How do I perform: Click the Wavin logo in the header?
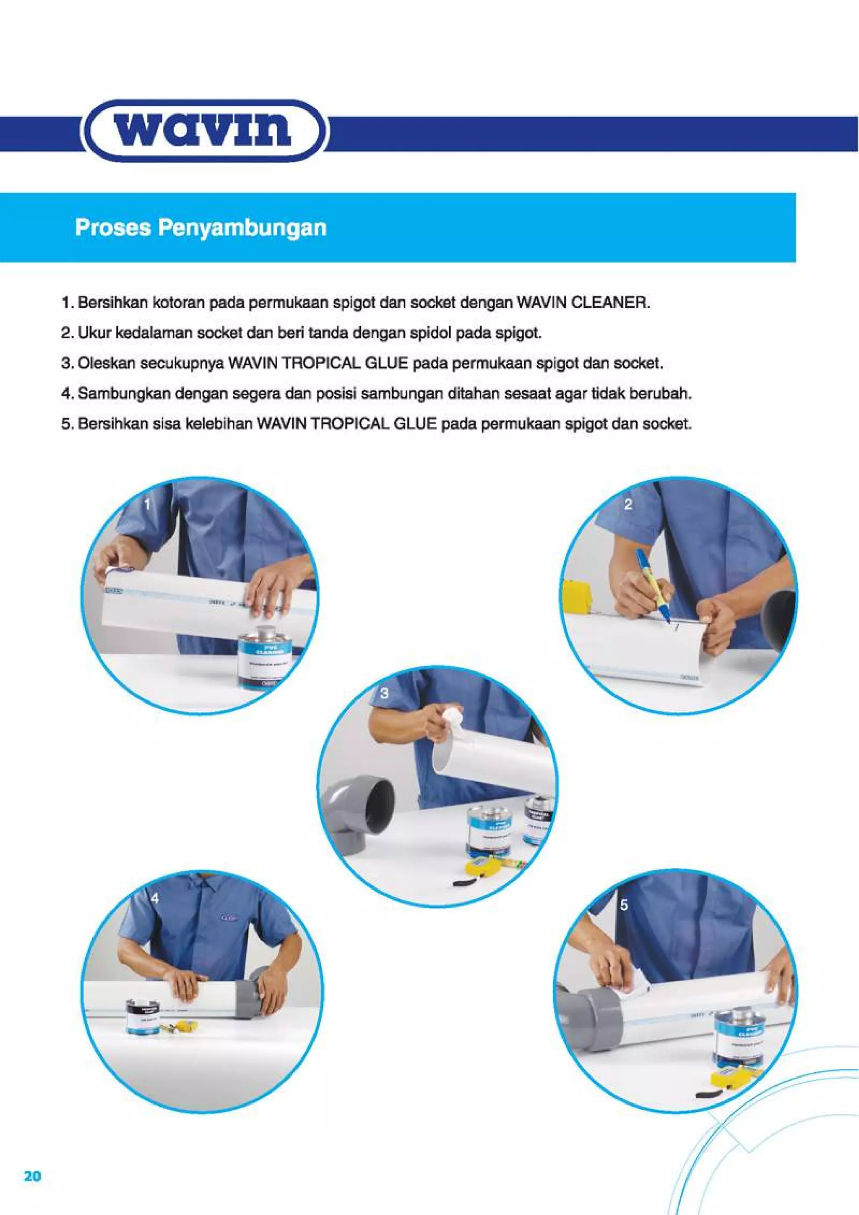coord(204,130)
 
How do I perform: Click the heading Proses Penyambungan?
coord(200,228)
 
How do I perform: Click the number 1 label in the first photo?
coord(148,505)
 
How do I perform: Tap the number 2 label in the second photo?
coord(628,505)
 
